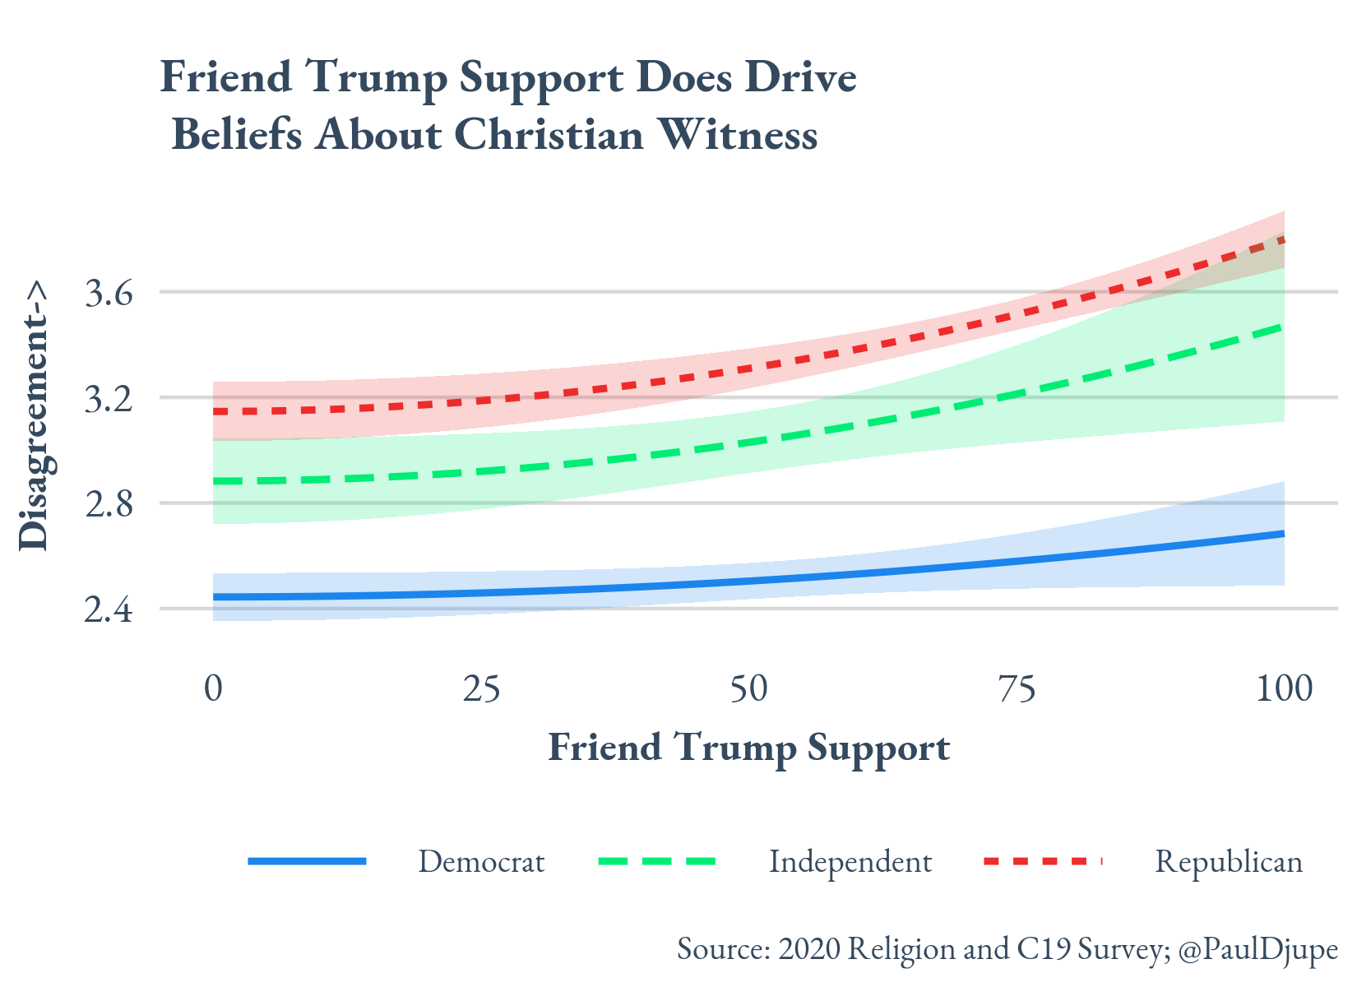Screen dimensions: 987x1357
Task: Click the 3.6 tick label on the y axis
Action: pyautogui.click(x=109, y=294)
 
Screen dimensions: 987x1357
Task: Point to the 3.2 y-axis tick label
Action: pyautogui.click(x=109, y=400)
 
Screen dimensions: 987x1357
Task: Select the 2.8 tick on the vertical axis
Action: pyautogui.click(x=109, y=505)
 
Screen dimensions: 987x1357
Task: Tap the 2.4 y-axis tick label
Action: pyautogui.click(x=109, y=611)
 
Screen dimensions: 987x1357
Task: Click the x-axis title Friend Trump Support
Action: pyautogui.click(x=748, y=748)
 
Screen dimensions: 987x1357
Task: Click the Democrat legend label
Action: pyautogui.click(x=481, y=862)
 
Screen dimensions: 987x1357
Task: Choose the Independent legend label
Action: pyautogui.click(x=850, y=862)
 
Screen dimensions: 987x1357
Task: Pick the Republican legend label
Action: pyautogui.click(x=1229, y=862)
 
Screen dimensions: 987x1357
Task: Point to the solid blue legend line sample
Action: pyautogui.click(x=307, y=861)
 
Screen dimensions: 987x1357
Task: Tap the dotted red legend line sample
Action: pyautogui.click(x=1042, y=861)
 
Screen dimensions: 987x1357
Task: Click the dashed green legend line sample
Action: pyautogui.click(x=657, y=861)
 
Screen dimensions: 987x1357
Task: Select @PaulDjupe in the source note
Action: pyautogui.click(x=1258, y=949)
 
